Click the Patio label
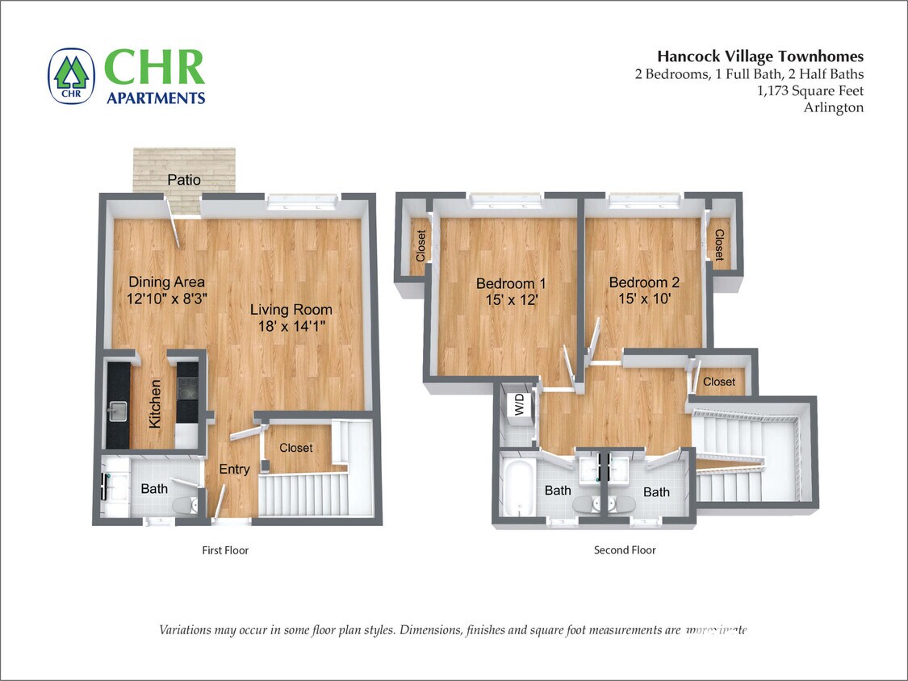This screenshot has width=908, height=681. pos(184,180)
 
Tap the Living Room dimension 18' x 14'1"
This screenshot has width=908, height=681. pos(291,326)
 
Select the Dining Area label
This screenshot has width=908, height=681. pos(167,282)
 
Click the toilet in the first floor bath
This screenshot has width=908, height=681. pos(184,505)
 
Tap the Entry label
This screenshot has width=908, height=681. pos(234,469)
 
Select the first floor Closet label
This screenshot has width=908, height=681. pos(295,448)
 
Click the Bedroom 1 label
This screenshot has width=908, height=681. pos(511,283)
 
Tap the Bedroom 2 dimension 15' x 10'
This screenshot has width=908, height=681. pos(644,299)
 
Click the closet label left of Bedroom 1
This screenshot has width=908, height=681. pos(421,246)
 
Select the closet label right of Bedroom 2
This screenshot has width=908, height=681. pos(718,245)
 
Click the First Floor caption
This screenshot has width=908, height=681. pos(225,550)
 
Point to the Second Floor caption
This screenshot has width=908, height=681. pos(625,550)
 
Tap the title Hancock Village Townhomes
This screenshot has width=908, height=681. pos(759,56)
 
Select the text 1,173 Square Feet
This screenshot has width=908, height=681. pos(810,90)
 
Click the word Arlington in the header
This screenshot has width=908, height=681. pos(833,107)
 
